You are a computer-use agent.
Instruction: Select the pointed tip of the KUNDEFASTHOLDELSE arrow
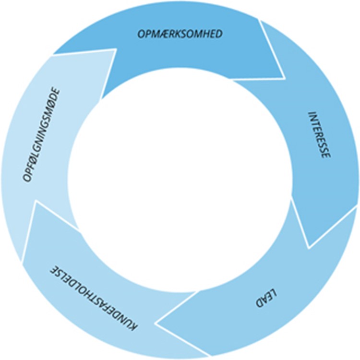click(x=35, y=202)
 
